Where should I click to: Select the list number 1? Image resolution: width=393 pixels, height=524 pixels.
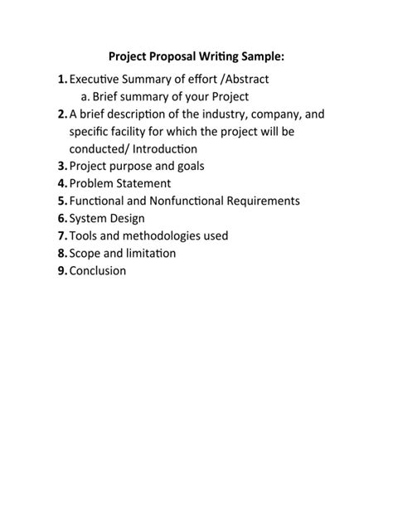tap(63, 80)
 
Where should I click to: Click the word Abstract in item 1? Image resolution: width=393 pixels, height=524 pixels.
tap(244, 80)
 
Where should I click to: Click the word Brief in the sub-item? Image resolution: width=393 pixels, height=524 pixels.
tap(108, 97)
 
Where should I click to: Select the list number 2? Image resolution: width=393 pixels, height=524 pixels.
tap(63, 114)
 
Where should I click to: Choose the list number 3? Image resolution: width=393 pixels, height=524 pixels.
tap(63, 166)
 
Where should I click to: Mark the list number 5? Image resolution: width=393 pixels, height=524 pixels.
tap(63, 201)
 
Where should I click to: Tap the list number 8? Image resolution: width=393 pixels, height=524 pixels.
tap(63, 253)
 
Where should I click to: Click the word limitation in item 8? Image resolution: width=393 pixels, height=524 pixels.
tap(148, 253)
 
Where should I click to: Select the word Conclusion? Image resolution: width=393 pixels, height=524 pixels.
tap(98, 270)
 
